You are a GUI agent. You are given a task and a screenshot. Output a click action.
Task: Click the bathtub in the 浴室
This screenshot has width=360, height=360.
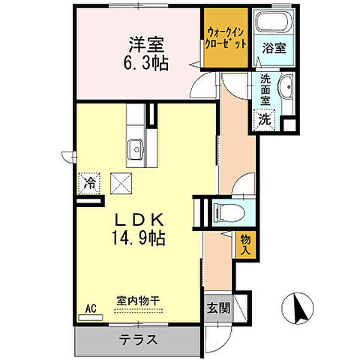(x=268, y=22)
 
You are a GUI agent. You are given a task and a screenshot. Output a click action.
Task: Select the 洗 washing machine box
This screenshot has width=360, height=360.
(x=265, y=118)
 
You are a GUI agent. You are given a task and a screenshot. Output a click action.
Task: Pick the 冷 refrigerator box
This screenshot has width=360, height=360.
(x=89, y=182)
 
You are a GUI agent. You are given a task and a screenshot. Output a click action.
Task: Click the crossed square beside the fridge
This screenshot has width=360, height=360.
(x=121, y=182)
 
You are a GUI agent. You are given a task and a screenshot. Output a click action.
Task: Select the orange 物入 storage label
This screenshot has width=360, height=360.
(x=245, y=245)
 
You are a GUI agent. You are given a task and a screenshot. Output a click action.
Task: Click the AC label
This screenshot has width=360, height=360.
(x=91, y=308)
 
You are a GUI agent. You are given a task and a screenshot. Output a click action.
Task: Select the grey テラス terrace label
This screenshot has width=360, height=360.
(x=138, y=339)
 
